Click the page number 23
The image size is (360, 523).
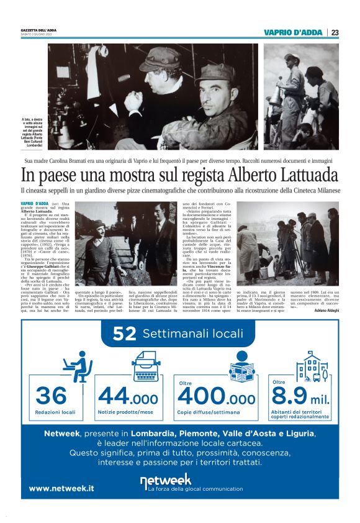point(335,33)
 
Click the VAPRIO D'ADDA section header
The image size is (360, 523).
point(293,33)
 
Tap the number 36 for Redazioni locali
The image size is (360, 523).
point(51,395)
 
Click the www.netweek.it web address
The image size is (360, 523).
point(61,488)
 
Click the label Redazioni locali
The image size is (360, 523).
point(55,412)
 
